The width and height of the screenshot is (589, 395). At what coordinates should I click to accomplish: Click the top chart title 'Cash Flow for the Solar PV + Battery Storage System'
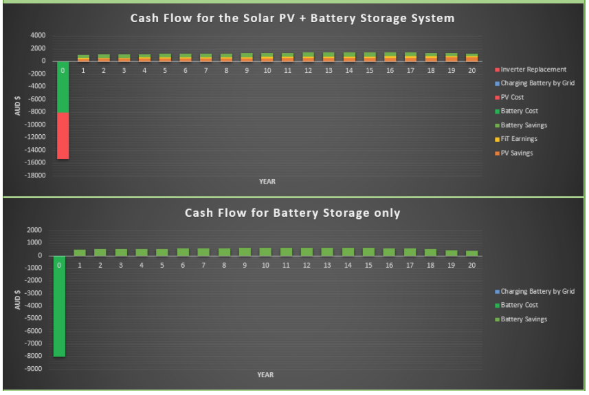pos(292,18)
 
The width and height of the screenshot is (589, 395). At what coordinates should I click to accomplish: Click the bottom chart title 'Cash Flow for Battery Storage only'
pos(292,213)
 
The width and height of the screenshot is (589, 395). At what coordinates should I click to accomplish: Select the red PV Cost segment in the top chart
pos(63,136)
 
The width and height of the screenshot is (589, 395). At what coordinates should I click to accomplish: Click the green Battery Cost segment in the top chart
pos(63,87)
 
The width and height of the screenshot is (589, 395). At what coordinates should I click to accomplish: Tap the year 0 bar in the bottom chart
pos(59,306)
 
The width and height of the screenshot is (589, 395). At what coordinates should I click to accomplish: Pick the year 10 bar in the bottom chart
pos(265,252)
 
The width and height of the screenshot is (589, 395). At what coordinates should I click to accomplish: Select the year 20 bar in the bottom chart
pos(471,253)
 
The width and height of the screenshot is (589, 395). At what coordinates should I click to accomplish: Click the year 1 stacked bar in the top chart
pos(83,58)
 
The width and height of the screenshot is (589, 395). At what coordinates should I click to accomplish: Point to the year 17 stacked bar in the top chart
pos(410,57)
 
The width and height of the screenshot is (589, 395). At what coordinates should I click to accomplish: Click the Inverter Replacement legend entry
pos(531,70)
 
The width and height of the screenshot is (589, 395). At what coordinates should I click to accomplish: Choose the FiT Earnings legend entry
pos(516,139)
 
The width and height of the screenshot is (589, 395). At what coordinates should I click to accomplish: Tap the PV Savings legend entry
pos(514,153)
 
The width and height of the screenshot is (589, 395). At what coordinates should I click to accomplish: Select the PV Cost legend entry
pos(509,97)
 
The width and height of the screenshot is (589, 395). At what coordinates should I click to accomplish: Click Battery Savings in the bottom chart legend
pos(521,319)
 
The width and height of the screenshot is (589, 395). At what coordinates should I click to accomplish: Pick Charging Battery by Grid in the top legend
pos(535,83)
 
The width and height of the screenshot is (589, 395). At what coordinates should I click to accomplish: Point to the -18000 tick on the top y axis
pos(34,175)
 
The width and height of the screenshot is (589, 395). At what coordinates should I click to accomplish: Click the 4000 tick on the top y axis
pos(38,35)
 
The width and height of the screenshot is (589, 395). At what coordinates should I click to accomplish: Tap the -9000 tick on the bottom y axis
pos(33,369)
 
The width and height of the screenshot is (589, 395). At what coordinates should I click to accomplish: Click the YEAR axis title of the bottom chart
pos(265,374)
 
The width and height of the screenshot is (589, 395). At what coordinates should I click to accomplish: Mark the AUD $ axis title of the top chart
pos(17,105)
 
